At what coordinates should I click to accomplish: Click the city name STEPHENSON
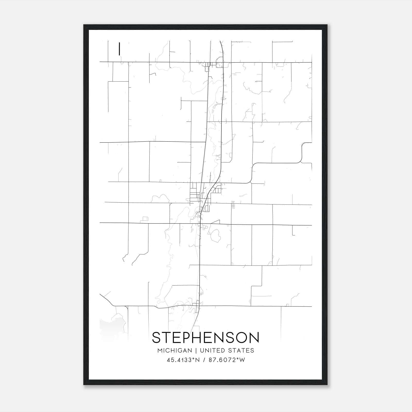click(205, 338)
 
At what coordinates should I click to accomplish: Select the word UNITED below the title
click(210, 350)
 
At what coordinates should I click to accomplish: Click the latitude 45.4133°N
click(183, 360)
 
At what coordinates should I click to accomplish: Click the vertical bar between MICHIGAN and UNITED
click(196, 350)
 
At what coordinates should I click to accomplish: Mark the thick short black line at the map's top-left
click(119, 49)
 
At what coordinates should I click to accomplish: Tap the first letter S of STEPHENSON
click(156, 338)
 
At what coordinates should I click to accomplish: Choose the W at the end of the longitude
click(242, 360)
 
